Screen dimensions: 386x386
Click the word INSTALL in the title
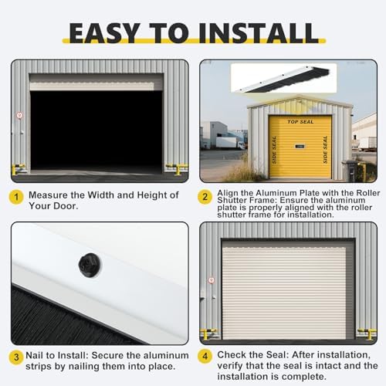click(x=259, y=33)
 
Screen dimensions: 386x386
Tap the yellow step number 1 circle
click(x=16, y=198)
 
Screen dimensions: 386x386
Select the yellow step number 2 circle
click(x=205, y=197)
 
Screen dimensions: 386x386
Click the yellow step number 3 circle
click(x=16, y=357)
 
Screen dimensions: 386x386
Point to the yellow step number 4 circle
click(x=205, y=356)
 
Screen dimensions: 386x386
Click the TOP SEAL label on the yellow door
click(x=300, y=122)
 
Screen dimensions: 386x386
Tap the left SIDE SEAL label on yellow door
click(x=274, y=150)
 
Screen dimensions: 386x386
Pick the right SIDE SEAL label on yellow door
click(x=325, y=150)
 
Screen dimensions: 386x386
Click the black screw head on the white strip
click(x=90, y=265)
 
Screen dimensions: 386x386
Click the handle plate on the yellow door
click(x=300, y=147)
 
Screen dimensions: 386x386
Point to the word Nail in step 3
click(x=35, y=355)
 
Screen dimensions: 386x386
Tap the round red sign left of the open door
click(x=20, y=115)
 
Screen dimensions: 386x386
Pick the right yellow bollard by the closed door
click(x=367, y=334)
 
